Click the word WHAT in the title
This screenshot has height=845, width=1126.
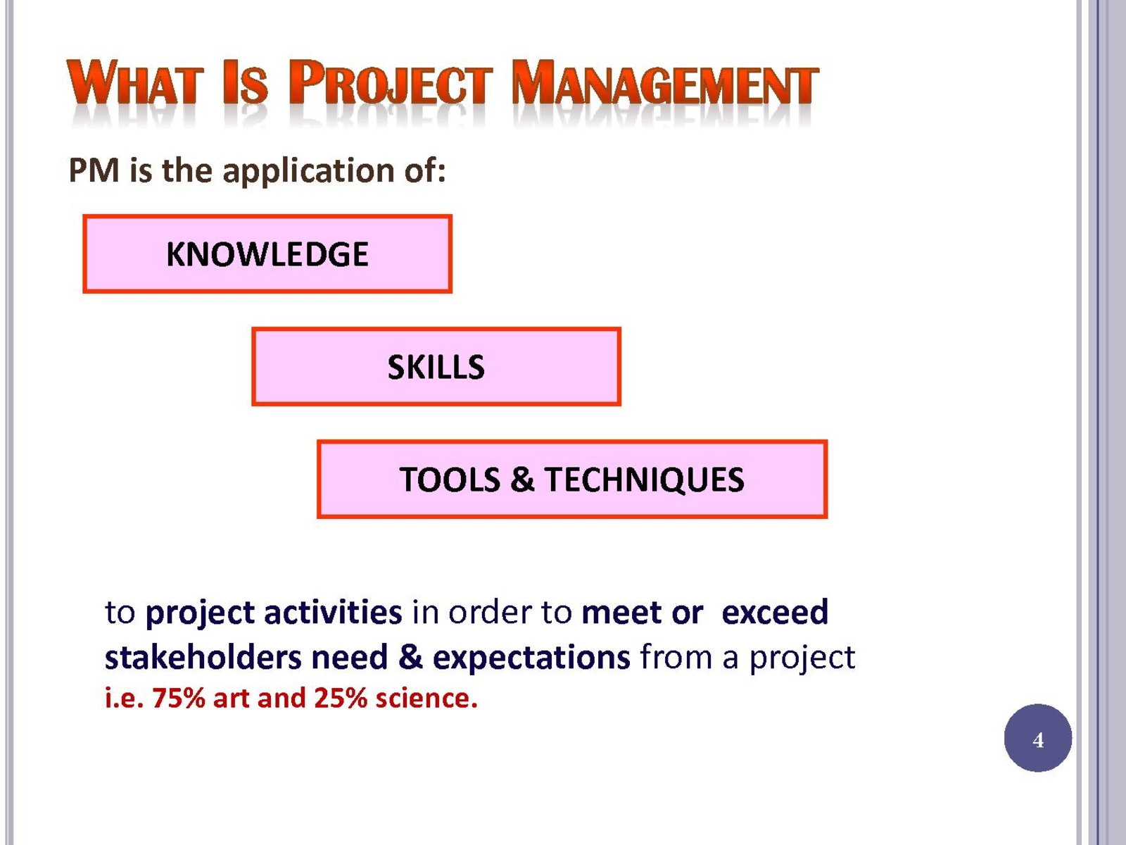135,82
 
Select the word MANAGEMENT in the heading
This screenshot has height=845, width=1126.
665,82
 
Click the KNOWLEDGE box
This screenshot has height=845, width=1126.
267,254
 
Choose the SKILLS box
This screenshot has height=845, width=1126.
436,367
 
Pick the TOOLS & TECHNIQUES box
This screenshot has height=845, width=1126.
572,480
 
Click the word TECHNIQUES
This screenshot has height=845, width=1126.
644,480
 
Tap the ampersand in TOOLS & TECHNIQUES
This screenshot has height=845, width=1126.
522,480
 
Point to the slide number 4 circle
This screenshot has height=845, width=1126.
1038,738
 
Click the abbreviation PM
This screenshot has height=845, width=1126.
94,170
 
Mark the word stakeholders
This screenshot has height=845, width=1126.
203,657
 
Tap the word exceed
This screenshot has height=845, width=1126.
775,612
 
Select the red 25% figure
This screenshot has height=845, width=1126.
341,699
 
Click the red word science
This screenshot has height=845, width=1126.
426,699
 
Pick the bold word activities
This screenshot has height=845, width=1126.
333,612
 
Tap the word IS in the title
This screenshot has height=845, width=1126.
245,82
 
